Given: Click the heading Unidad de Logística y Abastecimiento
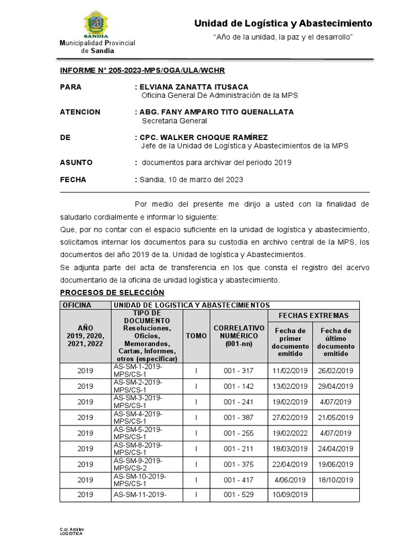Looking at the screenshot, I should [x=283, y=23].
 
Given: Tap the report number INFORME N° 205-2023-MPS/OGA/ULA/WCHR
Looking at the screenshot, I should [x=142, y=71].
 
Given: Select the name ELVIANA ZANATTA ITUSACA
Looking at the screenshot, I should [x=194, y=87].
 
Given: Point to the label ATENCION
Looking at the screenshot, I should [x=80, y=112].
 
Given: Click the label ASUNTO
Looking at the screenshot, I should [x=76, y=162].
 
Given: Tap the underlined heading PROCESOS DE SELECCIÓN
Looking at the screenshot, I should [x=112, y=292].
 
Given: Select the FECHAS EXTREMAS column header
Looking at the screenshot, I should [x=313, y=316].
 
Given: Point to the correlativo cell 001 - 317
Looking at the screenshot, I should [x=239, y=371].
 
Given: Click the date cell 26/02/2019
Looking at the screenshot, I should [x=336, y=371].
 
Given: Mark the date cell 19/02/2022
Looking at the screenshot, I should [x=289, y=433].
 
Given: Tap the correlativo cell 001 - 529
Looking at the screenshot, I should [x=239, y=495].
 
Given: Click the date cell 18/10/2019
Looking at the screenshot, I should [x=336, y=480].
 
